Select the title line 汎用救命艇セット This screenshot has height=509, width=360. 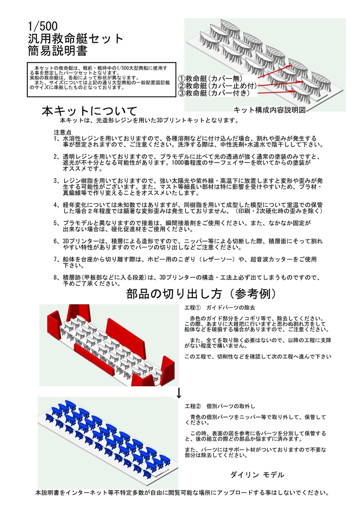pyautogui.click(x=76, y=38)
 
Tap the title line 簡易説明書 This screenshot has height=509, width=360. pyautogui.click(x=58, y=51)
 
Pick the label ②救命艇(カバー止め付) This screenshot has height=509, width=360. pyautogui.click(x=217, y=86)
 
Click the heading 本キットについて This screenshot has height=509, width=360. pyautogui.click(x=89, y=110)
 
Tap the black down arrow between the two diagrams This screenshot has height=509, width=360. pyautogui.click(x=179, y=394)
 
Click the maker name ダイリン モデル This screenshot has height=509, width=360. pyautogui.click(x=257, y=475)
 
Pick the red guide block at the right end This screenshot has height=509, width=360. pyautogui.click(x=169, y=370)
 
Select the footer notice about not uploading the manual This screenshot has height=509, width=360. pyautogui.click(x=182, y=493)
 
